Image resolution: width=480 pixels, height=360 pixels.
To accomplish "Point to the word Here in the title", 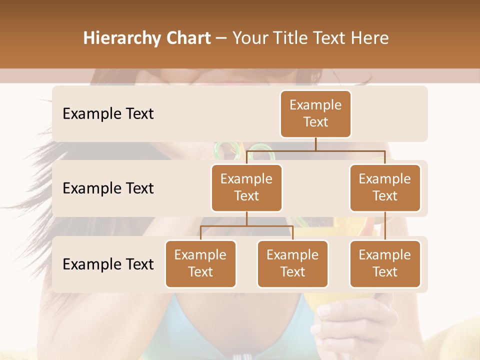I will (x=371, y=38).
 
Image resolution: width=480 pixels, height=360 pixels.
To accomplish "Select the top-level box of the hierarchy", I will (x=315, y=113).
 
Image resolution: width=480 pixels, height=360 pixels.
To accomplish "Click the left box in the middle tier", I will (x=246, y=187).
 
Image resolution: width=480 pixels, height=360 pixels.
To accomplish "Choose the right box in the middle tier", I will (x=385, y=187).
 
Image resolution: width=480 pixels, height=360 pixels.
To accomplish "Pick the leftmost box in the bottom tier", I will (x=200, y=263).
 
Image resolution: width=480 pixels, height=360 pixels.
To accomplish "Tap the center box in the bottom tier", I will (x=292, y=263).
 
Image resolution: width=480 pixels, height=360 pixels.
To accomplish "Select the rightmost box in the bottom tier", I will (x=385, y=263).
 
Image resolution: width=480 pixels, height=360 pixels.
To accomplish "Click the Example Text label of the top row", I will (x=108, y=114).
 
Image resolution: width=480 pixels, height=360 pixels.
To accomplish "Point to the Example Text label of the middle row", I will (x=108, y=188).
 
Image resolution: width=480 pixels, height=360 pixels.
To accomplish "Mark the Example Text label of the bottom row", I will (x=108, y=264).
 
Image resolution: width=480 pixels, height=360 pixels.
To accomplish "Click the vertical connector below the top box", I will (x=315, y=143).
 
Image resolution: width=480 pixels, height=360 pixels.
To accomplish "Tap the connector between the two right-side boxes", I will (x=385, y=226).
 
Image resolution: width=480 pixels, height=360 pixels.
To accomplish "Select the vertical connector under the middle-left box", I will (x=246, y=218).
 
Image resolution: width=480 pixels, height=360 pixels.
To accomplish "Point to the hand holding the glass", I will (x=350, y=320).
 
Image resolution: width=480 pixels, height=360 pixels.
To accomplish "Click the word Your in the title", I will (x=249, y=38).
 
